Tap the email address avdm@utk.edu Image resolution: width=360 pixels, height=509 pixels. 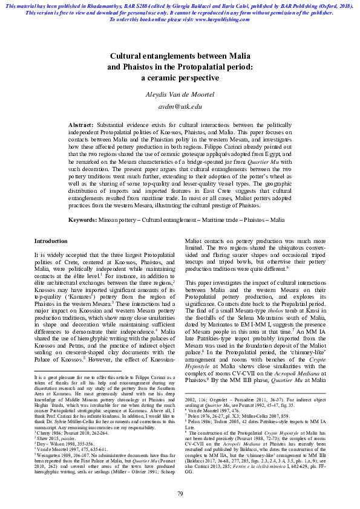point(180,106)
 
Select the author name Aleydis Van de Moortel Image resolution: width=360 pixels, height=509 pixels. point(180,94)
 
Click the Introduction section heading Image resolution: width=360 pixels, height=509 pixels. point(51,241)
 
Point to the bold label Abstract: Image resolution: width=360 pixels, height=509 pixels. point(80,123)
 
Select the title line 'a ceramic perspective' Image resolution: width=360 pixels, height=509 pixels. point(180,78)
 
